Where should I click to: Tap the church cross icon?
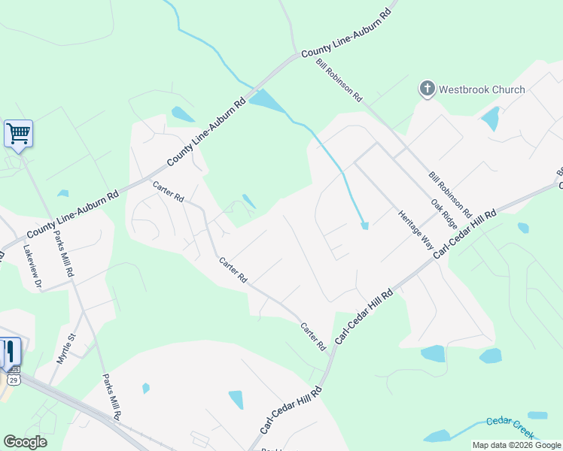[427, 90]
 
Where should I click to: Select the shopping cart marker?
[18, 135]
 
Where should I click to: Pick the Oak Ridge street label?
[444, 214]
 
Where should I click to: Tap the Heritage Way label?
[415, 231]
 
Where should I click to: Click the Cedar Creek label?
[510, 426]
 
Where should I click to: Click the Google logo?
[25, 442]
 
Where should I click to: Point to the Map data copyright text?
[516, 445]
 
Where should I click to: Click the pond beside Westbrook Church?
[490, 118]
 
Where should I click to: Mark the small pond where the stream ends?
[364, 225]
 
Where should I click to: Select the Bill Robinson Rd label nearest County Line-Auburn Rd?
[339, 80]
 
